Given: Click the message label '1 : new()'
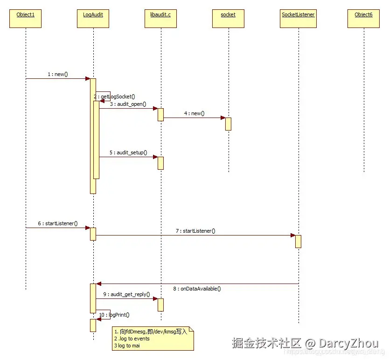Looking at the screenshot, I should click(x=58, y=74).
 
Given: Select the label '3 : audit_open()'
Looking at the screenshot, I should click(x=128, y=104).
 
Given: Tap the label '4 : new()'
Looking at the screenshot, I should click(x=194, y=113).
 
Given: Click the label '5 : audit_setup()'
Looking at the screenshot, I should click(x=128, y=152).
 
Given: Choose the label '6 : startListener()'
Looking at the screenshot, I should click(x=58, y=223).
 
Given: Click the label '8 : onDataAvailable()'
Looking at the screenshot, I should click(x=197, y=289).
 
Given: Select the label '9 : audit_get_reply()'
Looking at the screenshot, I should click(x=126, y=294).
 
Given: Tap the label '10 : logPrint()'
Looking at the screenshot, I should click(x=114, y=315).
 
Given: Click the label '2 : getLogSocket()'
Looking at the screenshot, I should click(x=115, y=97).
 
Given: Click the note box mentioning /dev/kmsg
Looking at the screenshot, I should click(x=153, y=339).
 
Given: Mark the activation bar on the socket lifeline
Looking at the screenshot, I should click(x=228, y=124).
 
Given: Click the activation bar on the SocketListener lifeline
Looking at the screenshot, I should click(x=298, y=241).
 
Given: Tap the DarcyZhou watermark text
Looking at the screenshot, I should click(x=341, y=344).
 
